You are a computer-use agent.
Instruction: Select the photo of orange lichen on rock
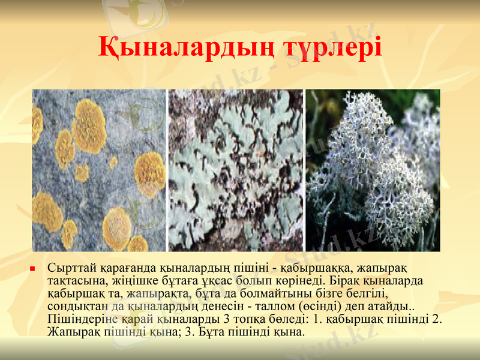(99, 170)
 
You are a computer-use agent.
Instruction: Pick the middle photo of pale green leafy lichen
(236, 170)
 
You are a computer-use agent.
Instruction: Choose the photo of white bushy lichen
(373, 170)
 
